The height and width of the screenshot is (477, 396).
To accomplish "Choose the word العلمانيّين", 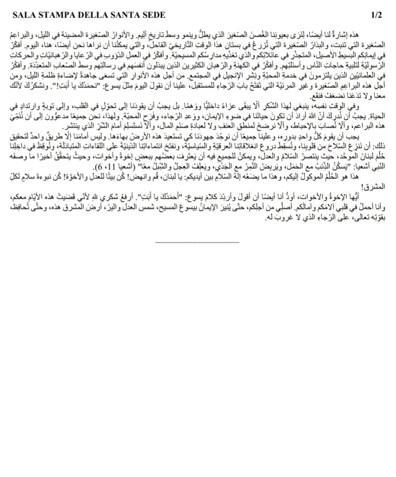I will pos(367,77).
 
